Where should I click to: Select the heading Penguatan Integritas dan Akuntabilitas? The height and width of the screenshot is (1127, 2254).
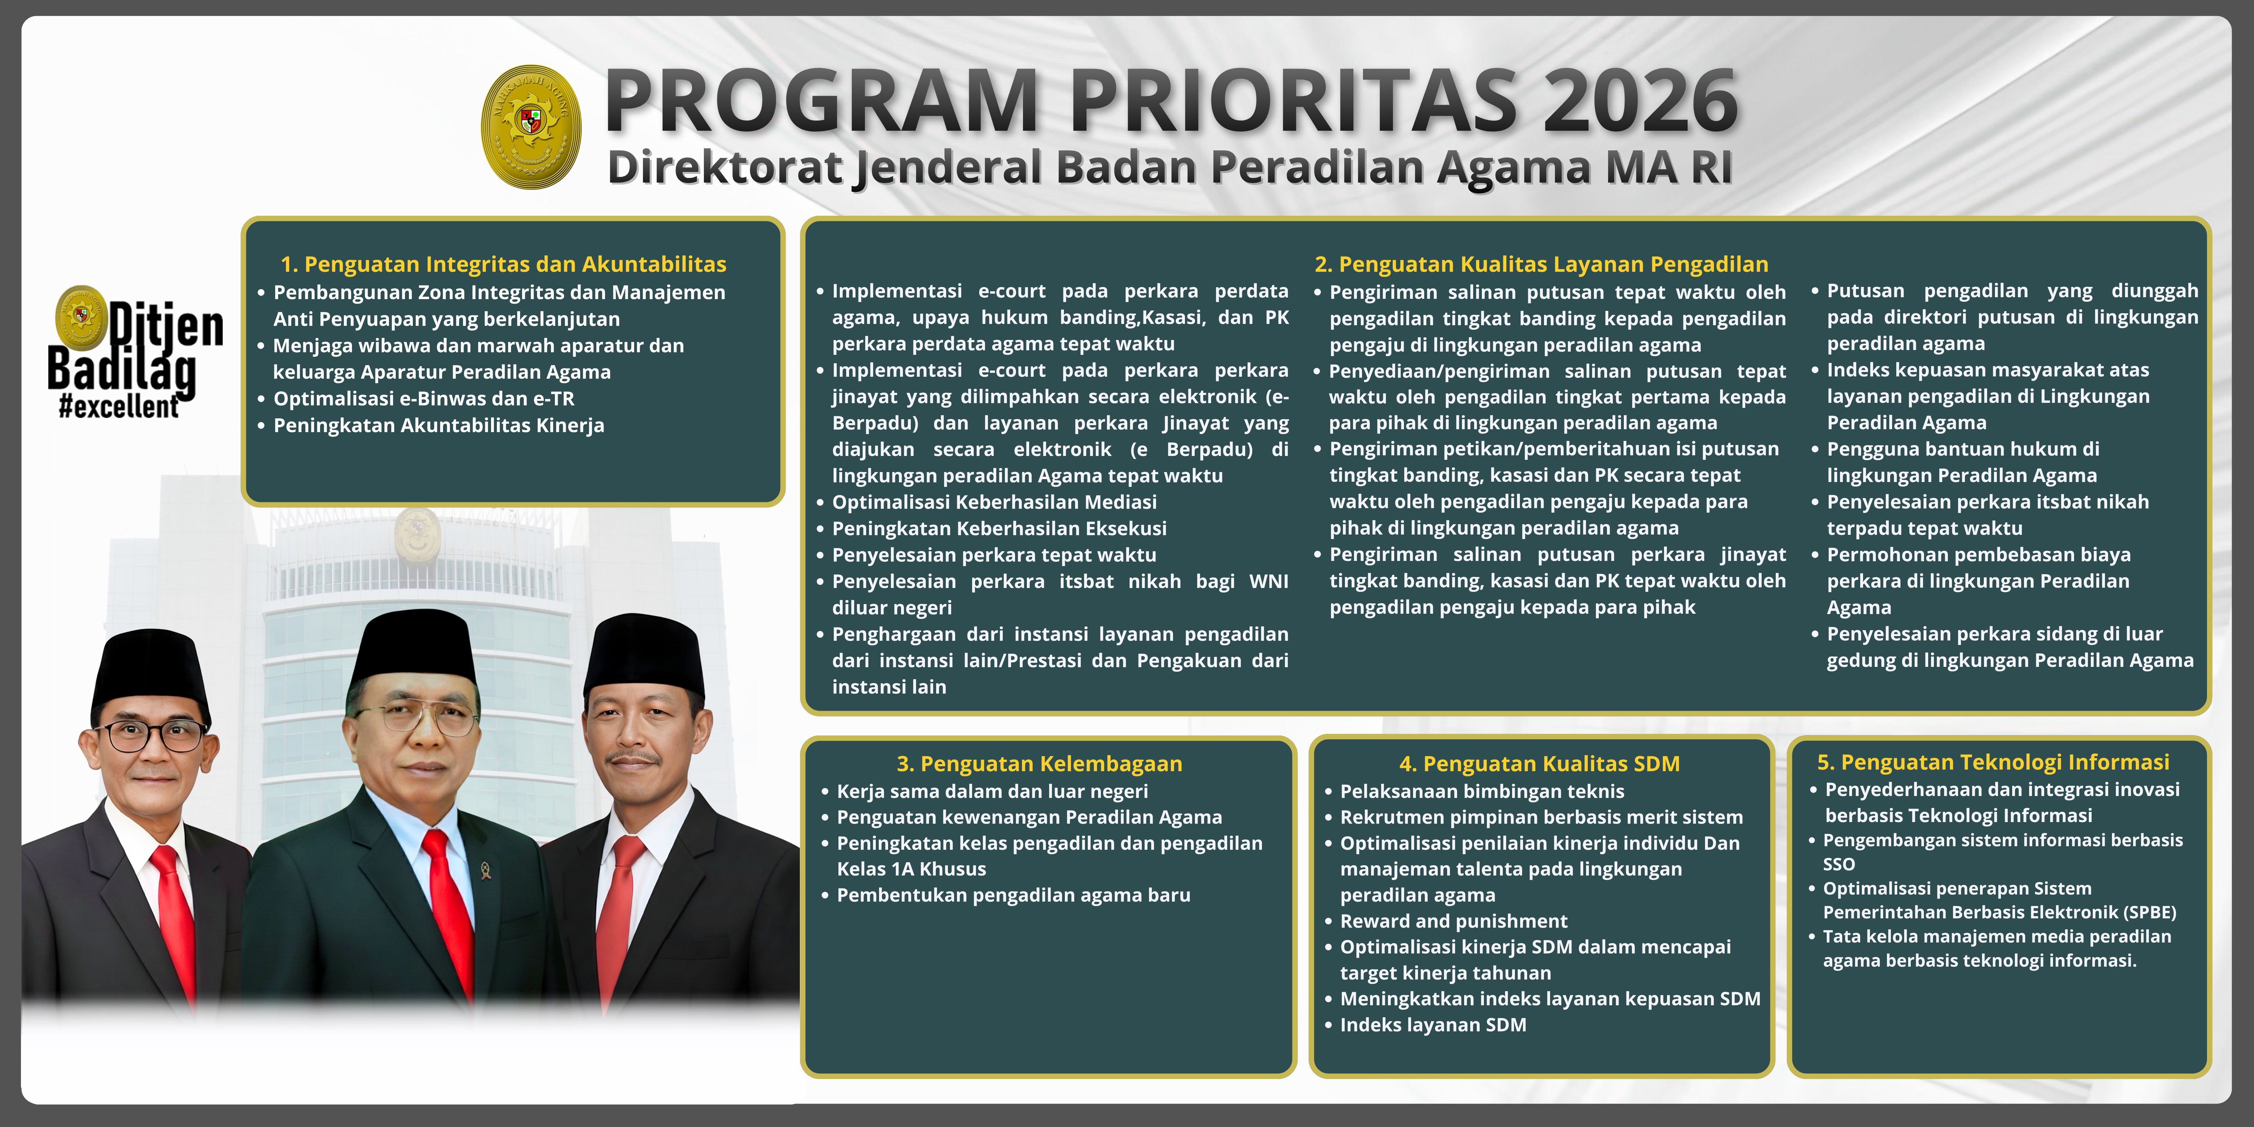(503, 264)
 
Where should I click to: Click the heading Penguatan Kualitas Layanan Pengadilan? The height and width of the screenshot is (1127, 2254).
(1541, 264)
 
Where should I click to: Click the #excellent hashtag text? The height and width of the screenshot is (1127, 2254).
(119, 407)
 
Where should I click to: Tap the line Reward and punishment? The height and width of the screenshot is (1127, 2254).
(1454, 921)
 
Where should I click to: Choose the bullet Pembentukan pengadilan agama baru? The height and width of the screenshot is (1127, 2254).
(1013, 895)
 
